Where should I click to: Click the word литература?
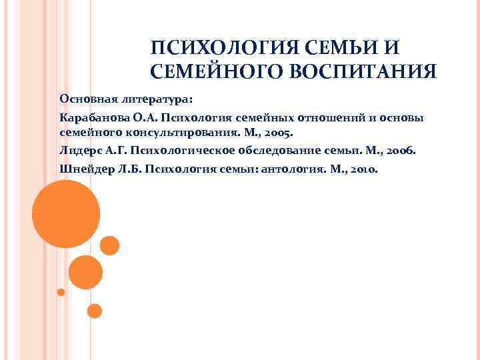[156, 99]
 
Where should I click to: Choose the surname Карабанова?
[93, 117]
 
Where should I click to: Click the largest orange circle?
[66, 214]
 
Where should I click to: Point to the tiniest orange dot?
[61, 292]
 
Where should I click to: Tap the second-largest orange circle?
[85, 272]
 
